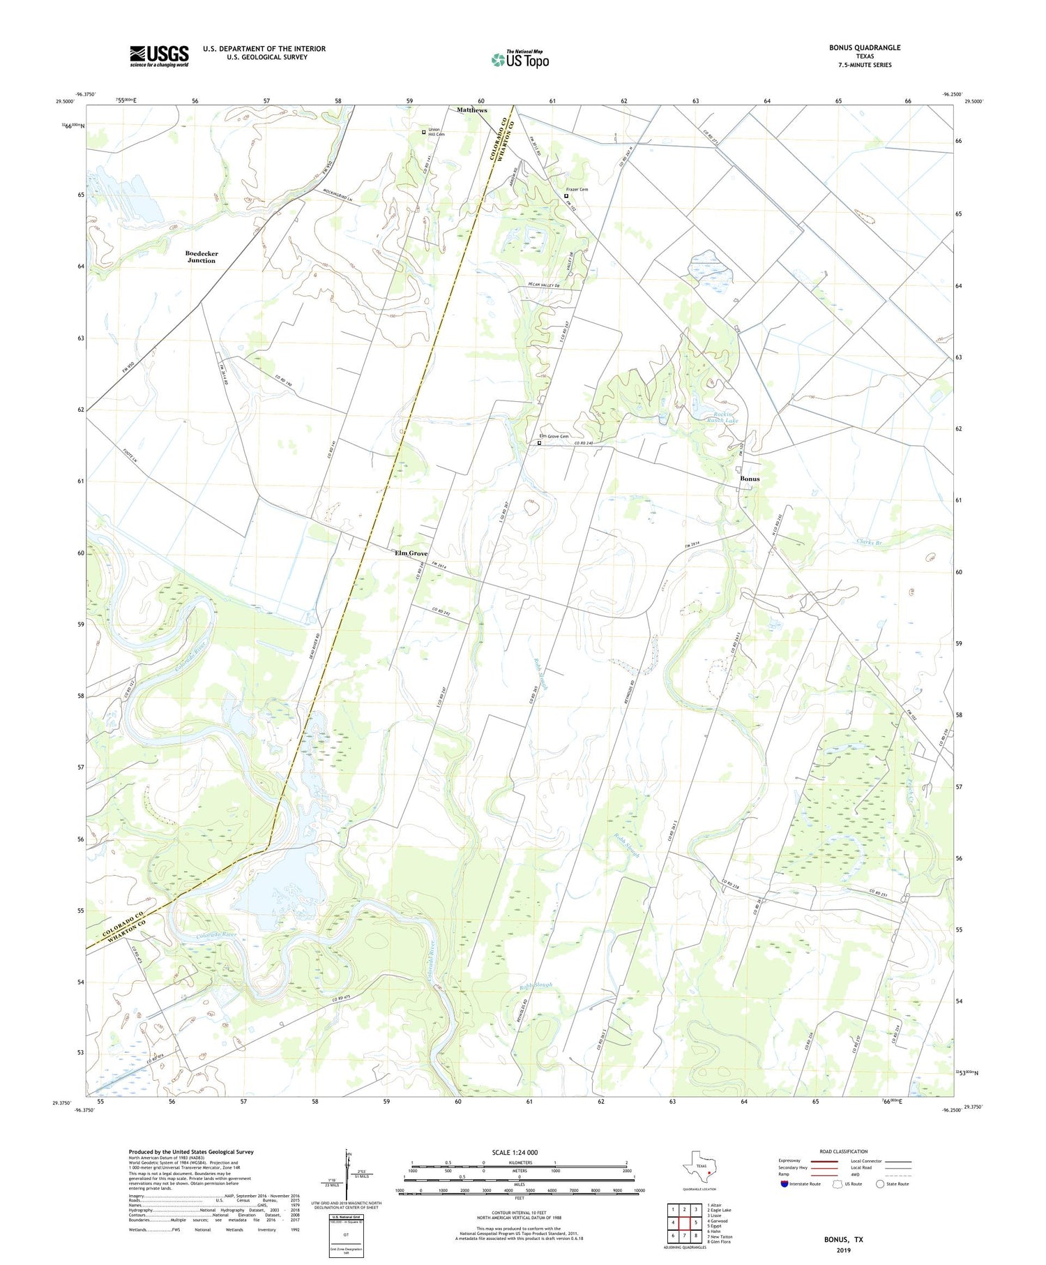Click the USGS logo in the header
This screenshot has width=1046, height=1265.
(159, 56)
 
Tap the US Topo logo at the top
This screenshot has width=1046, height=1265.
(520, 59)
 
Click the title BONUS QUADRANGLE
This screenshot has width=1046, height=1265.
(864, 47)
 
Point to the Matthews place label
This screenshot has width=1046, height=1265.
(472, 110)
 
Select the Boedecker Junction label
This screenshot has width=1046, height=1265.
(201, 257)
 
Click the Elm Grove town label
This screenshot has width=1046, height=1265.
(411, 553)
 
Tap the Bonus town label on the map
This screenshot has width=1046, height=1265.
(750, 479)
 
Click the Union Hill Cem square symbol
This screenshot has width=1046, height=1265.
(423, 132)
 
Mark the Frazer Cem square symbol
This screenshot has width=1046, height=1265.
(566, 196)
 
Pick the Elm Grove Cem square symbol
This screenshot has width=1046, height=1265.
(539, 442)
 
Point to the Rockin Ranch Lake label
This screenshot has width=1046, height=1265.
(721, 417)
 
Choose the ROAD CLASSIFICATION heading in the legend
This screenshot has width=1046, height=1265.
(843, 1151)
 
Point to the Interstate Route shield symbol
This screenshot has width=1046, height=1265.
(784, 1183)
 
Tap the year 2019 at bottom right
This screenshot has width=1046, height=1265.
(843, 1250)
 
